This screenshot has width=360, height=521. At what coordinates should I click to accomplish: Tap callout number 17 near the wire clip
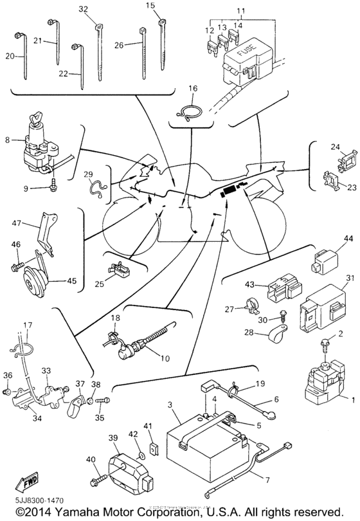[28, 325]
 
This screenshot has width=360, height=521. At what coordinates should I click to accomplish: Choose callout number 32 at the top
[83, 9]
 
